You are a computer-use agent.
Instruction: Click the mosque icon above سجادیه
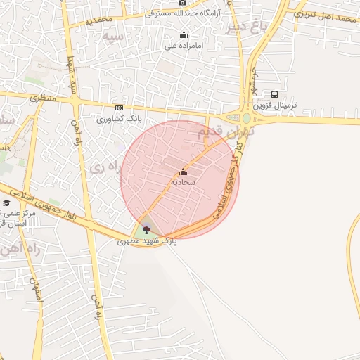tap(184, 172)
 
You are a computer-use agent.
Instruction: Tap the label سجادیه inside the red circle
tap(184, 181)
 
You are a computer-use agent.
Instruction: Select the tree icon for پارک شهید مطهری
tap(146, 229)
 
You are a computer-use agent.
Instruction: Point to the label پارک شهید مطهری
tap(147, 240)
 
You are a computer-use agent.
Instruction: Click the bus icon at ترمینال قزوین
tap(274, 94)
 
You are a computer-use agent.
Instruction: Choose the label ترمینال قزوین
tap(275, 105)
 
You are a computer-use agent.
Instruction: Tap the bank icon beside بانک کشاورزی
tap(119, 108)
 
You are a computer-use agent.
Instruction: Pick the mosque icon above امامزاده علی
tap(184, 35)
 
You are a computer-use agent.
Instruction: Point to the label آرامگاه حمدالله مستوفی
tap(182, 13)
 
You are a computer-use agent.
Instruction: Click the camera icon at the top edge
tap(182, 3)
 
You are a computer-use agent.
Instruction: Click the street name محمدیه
tap(99, 19)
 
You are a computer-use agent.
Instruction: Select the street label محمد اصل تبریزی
tap(326, 14)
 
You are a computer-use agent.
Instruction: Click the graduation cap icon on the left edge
tap(6, 203)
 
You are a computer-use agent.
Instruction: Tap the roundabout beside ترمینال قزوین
tap(247, 118)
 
